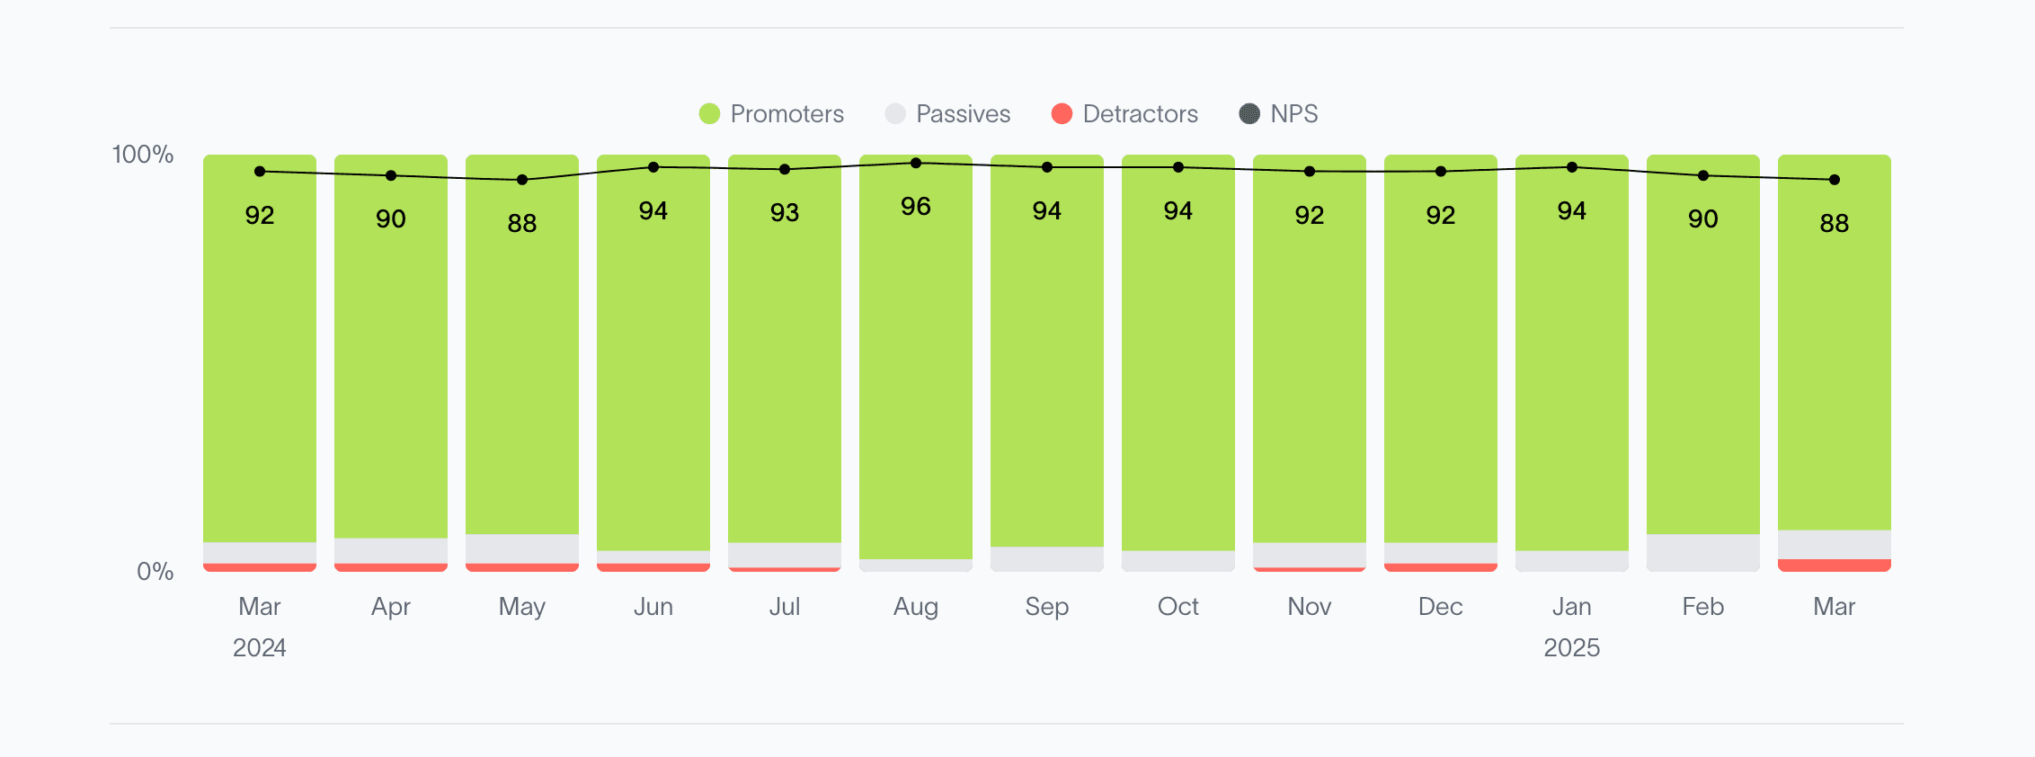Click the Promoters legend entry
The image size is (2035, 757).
[x=771, y=114]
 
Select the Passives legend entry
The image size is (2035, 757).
[x=947, y=114]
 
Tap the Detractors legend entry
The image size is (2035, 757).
[x=1124, y=114]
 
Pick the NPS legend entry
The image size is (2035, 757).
[x=1278, y=114]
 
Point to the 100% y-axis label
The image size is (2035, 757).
[x=142, y=155]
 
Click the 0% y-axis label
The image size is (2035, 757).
[x=155, y=572]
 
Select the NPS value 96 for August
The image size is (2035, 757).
[x=916, y=207]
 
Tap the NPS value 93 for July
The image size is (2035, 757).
[x=785, y=213]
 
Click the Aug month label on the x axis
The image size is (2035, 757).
[x=916, y=607]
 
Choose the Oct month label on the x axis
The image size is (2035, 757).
[x=1178, y=607]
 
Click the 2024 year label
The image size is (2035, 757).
[x=260, y=648]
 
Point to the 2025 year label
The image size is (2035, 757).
[x=1572, y=648]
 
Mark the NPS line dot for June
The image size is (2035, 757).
[x=653, y=167]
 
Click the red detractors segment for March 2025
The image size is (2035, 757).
[x=1835, y=566]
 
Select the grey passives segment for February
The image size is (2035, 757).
[x=1703, y=552]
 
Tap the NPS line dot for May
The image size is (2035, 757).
[x=522, y=180]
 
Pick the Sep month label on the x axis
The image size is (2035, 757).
[x=1047, y=607]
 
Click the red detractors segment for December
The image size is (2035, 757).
[x=1441, y=567]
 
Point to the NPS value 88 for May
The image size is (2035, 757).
[x=522, y=223]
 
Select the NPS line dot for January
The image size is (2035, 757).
[x=1572, y=167]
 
